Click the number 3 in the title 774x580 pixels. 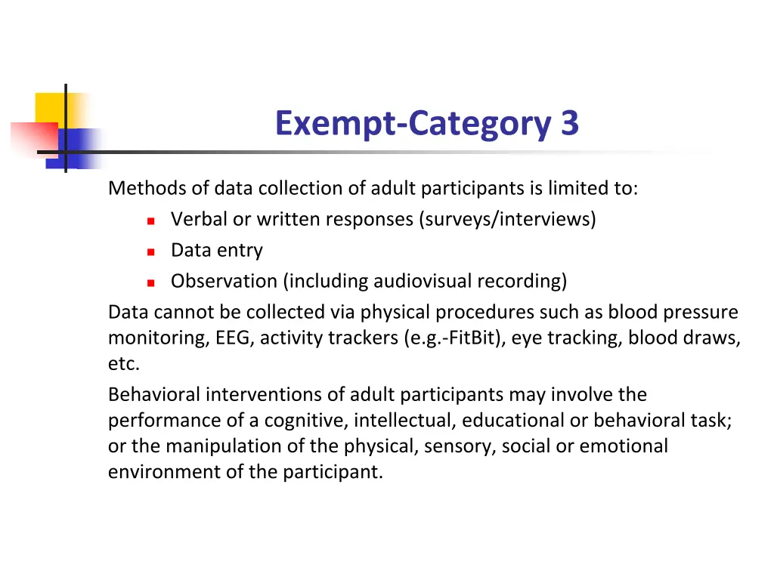tap(569, 123)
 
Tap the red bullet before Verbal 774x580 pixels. tap(150, 221)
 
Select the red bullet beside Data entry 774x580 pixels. tap(150, 251)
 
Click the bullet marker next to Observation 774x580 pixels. tap(150, 282)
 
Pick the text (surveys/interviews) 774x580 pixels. tap(507, 219)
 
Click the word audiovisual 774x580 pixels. tap(416, 281)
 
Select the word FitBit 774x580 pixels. tap(473, 338)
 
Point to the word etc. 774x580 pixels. tap(124, 364)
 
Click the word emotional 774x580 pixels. tap(624, 446)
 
